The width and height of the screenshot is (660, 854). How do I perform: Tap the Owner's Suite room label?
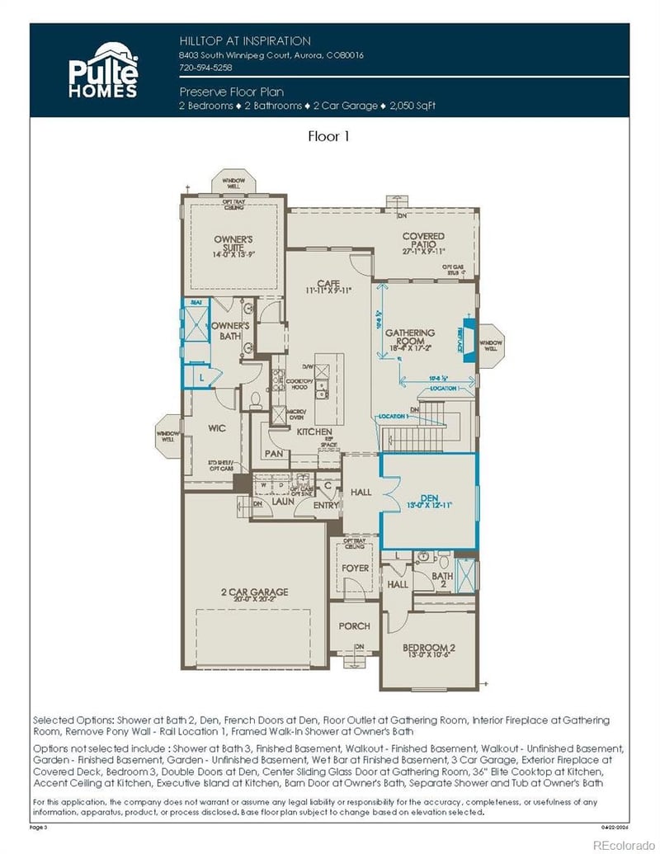pos(233,245)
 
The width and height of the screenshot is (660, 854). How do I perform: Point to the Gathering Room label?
pos(410,334)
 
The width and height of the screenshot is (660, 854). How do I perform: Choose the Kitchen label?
pos(314,432)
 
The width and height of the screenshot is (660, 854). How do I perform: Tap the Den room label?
pos(428,498)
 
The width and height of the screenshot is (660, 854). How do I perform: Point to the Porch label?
pos(354,625)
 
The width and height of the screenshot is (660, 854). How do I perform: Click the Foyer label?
pos(356,568)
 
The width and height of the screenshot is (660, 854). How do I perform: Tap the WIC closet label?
pos(217,428)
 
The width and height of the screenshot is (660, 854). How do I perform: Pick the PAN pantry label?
pos(273,454)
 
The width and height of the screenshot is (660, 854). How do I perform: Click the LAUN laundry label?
pos(284,501)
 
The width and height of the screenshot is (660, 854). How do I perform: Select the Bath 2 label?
pos(443,580)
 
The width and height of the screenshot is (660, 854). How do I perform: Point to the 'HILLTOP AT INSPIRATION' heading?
pos(245,40)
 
